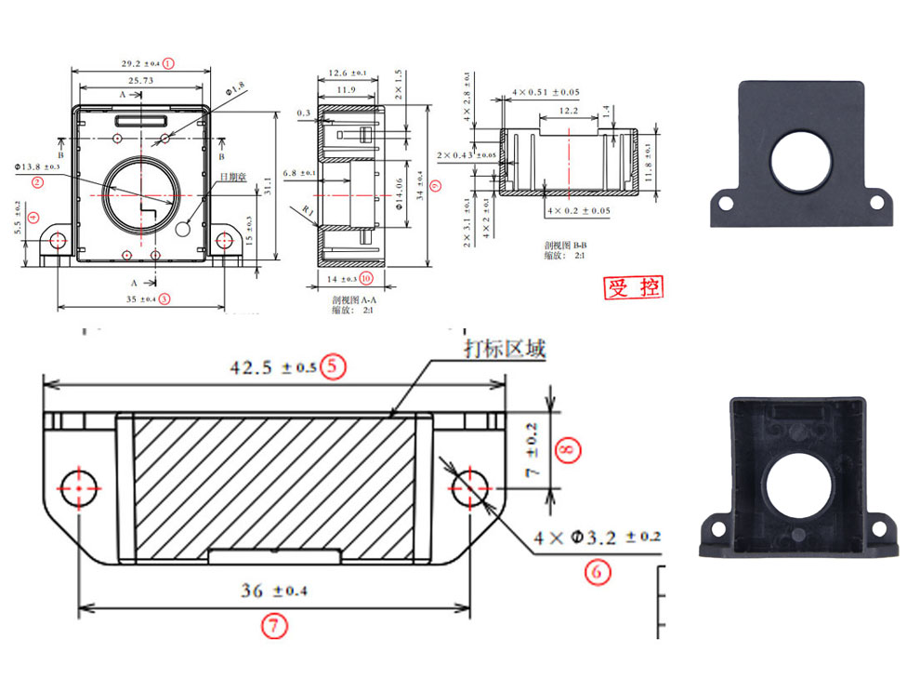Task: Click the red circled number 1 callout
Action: click(x=168, y=64)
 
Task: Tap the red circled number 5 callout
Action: click(x=333, y=366)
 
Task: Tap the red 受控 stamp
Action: click(x=635, y=287)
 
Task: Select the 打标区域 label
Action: click(x=505, y=349)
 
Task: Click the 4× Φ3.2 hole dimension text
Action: click(x=597, y=538)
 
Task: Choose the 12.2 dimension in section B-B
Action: click(x=568, y=111)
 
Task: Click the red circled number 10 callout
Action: click(x=366, y=277)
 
